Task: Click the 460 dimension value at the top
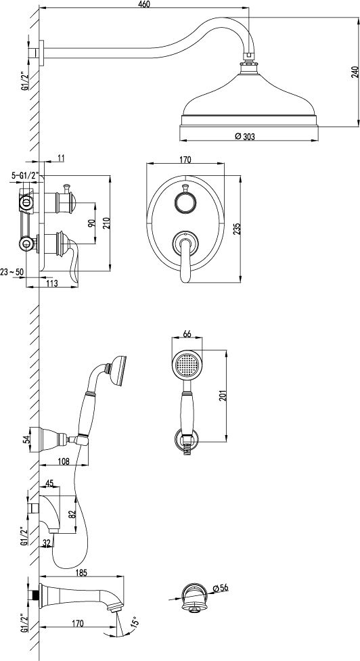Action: click(x=143, y=4)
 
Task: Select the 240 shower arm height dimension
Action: click(x=354, y=72)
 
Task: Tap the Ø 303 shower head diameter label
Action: click(x=245, y=136)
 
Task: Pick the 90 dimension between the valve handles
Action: click(x=90, y=223)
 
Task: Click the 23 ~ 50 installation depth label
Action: click(x=12, y=272)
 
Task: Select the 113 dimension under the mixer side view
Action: click(x=51, y=283)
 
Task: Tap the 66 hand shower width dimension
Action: click(x=187, y=334)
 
